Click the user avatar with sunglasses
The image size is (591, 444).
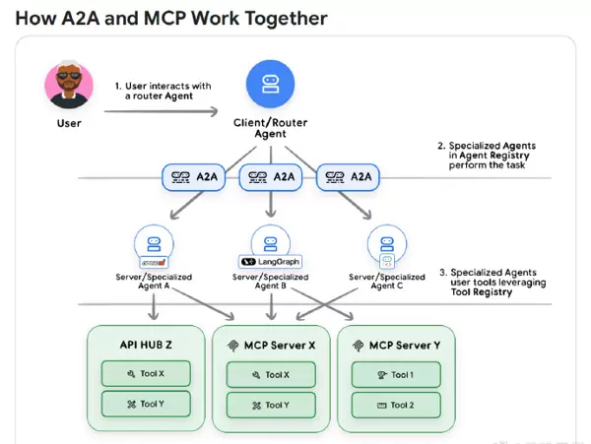pos(69,86)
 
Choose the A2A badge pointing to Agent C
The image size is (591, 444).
pos(347,177)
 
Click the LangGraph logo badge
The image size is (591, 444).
pos(270,262)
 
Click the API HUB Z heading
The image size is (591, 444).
pos(147,346)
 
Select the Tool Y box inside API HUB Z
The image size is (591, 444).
pos(147,405)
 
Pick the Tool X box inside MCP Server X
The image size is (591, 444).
pos(271,374)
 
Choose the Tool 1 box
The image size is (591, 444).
pos(396,374)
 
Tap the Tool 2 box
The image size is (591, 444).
pos(396,405)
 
